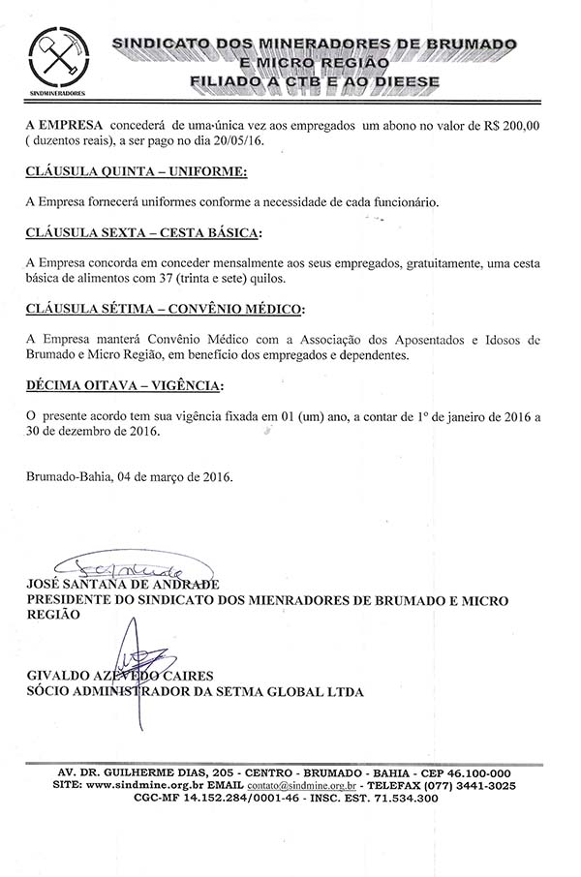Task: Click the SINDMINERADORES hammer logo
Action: coord(58,61)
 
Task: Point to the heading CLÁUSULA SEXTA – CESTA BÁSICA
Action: coord(144,233)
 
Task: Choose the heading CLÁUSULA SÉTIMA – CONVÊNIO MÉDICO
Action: coord(165,310)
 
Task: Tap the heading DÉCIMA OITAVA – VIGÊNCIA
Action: coord(124,386)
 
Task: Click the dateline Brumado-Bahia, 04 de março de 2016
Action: coord(130,477)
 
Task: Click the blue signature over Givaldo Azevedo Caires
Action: coord(136,650)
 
